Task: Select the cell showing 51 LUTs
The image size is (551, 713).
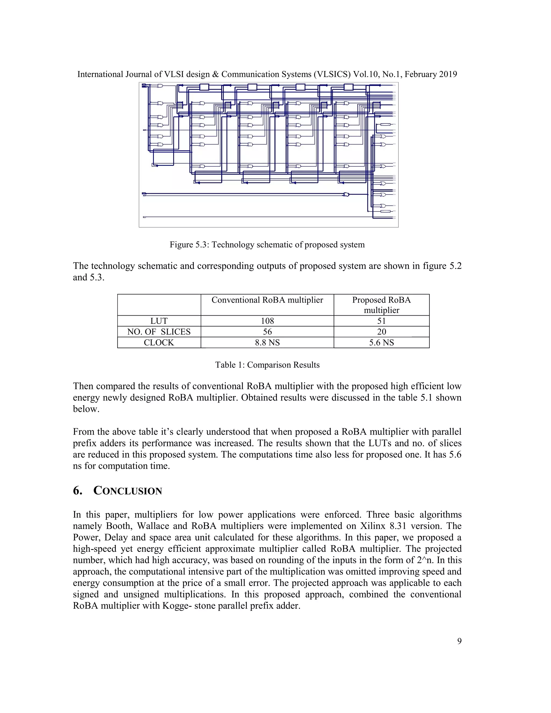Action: [x=381, y=321]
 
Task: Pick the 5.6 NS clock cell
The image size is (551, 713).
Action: [x=381, y=343]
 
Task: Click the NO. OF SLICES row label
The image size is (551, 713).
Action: [x=159, y=332]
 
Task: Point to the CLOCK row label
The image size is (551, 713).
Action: [x=159, y=343]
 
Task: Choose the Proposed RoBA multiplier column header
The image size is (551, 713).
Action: [x=381, y=305]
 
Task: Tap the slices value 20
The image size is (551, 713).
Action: [x=381, y=332]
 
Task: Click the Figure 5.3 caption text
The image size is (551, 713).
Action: [x=267, y=245]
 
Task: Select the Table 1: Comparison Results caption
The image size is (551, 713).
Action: [x=267, y=365]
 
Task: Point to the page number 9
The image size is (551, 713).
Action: [x=459, y=641]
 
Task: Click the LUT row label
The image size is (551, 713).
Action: [x=159, y=321]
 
